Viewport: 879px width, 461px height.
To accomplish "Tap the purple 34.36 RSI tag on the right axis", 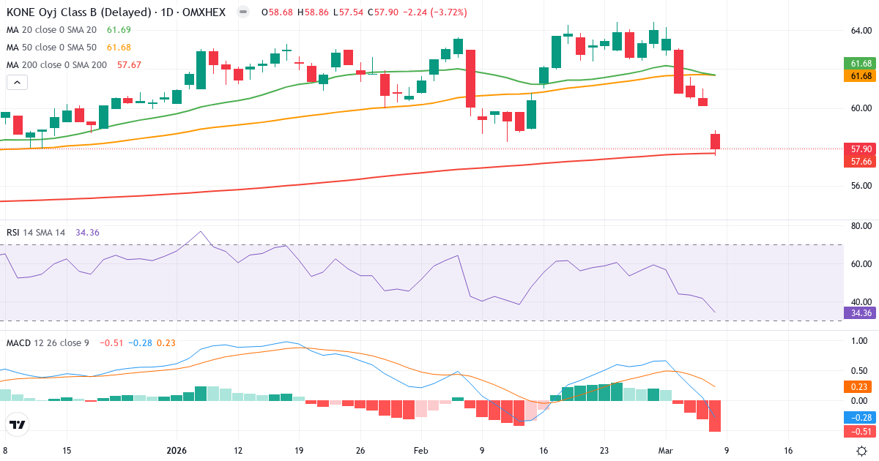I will click(858, 312).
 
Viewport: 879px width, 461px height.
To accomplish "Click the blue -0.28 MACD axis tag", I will click(858, 418).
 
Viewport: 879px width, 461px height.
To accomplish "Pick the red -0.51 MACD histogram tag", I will click(858, 430).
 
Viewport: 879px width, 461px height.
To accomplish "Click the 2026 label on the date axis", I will click(177, 451).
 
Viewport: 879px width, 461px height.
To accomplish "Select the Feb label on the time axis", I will click(420, 451).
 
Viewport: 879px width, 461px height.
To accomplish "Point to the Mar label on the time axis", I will click(664, 451).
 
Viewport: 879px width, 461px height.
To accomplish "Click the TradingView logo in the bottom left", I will click(18, 424).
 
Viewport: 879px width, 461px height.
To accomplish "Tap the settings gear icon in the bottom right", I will click(863, 451).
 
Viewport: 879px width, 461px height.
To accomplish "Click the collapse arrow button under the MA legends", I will click(17, 82).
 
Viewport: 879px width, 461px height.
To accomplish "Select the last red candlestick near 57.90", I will click(715, 141).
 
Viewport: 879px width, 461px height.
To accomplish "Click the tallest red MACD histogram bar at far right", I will click(715, 416).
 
